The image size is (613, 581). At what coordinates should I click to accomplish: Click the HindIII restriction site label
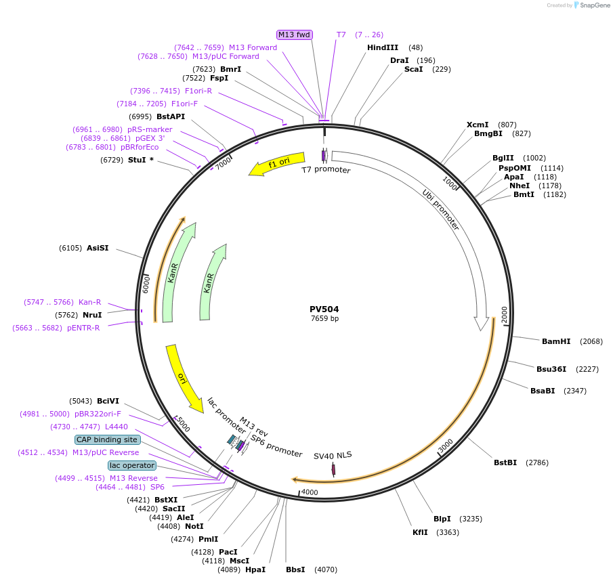(x=383, y=47)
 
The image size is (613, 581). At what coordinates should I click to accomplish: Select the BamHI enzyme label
(x=556, y=341)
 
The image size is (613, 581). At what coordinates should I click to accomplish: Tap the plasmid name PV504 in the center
(x=324, y=309)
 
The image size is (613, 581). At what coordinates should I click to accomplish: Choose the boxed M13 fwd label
(x=294, y=35)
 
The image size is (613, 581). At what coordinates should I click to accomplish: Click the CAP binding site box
(x=107, y=439)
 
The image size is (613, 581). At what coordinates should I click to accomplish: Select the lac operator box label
(x=132, y=465)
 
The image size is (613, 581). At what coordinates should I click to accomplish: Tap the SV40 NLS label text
(x=333, y=455)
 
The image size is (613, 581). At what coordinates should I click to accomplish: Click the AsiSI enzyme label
(x=98, y=248)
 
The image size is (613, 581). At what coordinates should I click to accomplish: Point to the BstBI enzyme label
(x=505, y=462)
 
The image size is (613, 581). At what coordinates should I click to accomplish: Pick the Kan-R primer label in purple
(x=89, y=302)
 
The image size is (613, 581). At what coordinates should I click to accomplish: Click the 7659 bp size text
(x=324, y=318)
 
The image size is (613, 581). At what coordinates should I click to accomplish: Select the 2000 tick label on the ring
(x=504, y=315)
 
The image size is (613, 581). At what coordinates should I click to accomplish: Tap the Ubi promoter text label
(x=441, y=210)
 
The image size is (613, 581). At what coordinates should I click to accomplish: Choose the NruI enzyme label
(x=91, y=315)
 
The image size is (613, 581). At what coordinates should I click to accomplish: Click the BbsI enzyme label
(x=295, y=569)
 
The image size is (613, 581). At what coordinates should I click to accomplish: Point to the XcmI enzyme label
(x=478, y=125)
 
